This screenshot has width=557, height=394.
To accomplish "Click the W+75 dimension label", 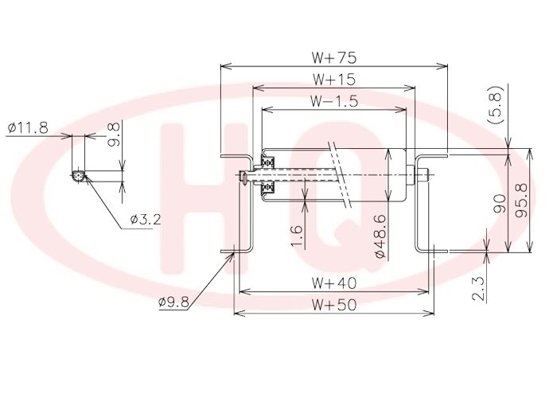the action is (x=333, y=57).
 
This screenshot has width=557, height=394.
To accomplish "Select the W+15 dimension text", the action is (x=333, y=80).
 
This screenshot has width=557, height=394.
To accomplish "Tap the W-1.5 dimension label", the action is (x=333, y=102).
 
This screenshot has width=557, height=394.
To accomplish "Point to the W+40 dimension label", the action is (x=333, y=283).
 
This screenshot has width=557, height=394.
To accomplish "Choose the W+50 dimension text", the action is (x=333, y=305).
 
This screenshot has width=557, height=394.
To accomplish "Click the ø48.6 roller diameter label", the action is (x=380, y=236).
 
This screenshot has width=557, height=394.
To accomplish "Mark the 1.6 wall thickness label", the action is (x=296, y=236).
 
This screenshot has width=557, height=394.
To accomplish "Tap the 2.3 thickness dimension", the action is (x=479, y=288).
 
